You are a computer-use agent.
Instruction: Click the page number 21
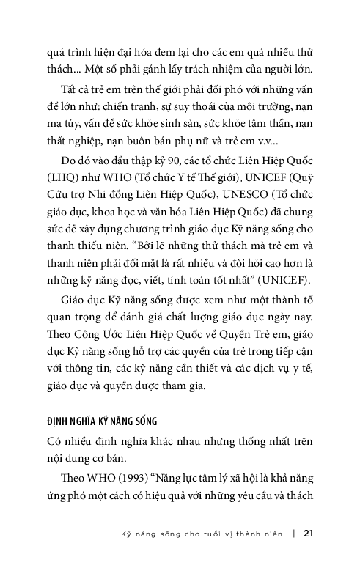pyautogui.click(x=308, y=533)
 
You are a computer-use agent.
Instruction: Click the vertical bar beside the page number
pyautogui.click(x=293, y=533)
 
